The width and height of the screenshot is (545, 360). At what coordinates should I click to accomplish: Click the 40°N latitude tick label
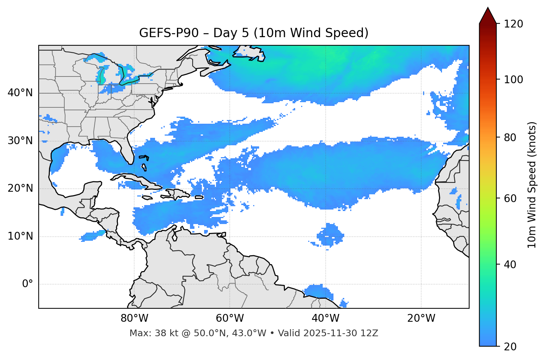[20, 93]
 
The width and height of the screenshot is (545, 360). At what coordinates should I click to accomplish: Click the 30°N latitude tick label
[20, 141]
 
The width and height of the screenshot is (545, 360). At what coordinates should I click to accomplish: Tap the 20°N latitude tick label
[20, 189]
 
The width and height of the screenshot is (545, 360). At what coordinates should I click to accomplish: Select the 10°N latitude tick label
[20, 236]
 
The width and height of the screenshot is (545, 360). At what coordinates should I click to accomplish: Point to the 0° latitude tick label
[28, 284]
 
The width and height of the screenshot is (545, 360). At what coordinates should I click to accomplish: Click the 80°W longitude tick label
[134, 318]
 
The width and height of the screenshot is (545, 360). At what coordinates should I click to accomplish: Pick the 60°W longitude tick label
[230, 318]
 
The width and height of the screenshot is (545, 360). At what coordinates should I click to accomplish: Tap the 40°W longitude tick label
[325, 318]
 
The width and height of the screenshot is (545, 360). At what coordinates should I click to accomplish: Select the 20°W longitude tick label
[421, 318]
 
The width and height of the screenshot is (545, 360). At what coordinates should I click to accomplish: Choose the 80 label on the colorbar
[513, 137]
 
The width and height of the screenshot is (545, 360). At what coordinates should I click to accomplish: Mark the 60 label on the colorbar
[513, 198]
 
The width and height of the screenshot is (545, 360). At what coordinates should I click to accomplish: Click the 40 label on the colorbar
[513, 265]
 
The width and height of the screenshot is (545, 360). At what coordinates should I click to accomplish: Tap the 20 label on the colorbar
[513, 347]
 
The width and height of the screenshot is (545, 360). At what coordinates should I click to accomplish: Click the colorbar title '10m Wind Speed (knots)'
[532, 185]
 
